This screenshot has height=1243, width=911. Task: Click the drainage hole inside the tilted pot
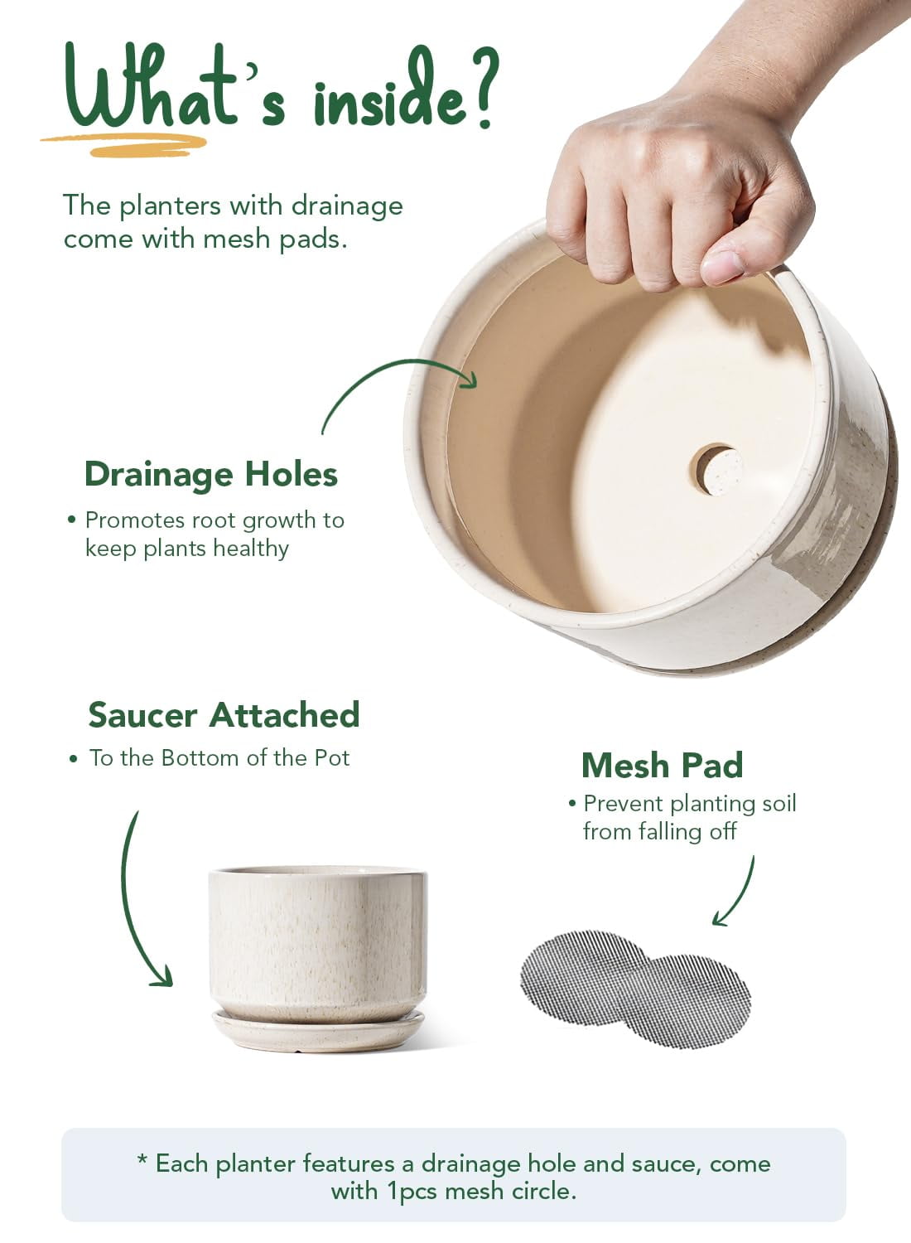coord(716,470)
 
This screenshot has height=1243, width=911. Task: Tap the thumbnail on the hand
coord(722,268)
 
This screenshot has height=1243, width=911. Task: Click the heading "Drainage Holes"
coord(211,475)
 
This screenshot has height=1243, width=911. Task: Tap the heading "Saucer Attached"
coord(224,714)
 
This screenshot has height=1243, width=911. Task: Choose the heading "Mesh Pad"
coord(663,766)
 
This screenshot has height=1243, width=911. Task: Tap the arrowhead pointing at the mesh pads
coord(720,919)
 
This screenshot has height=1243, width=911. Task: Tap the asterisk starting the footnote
coord(142,1160)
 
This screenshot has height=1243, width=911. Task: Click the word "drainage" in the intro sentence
coord(347,206)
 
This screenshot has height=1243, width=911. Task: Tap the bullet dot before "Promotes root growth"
coord(71,520)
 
